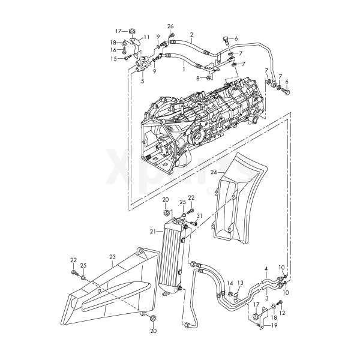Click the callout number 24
point(214,172)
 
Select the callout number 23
point(113,257)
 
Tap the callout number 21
point(153,232)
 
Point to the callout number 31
point(200,215)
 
